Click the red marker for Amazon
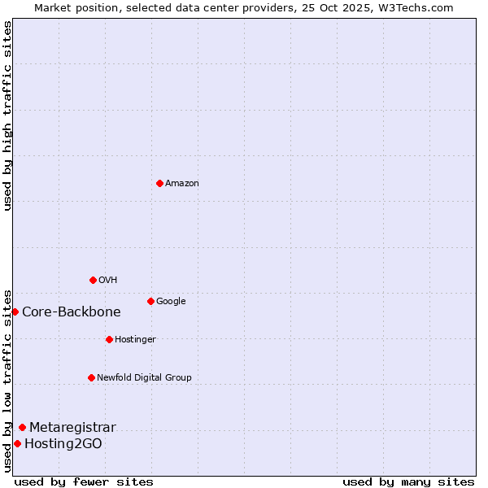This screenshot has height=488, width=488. click(x=159, y=183)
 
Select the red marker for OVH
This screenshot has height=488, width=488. click(x=93, y=280)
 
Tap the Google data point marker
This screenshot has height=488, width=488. click(x=150, y=301)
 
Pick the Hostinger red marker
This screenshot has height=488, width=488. click(x=109, y=339)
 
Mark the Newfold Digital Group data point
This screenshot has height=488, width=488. click(x=91, y=377)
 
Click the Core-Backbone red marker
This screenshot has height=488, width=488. click(x=15, y=312)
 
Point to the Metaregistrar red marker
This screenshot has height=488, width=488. click(x=22, y=427)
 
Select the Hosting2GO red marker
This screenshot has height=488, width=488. click(x=17, y=443)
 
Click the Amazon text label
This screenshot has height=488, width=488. click(x=182, y=184)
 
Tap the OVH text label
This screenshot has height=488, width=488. click(x=108, y=281)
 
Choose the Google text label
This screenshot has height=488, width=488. click(x=171, y=302)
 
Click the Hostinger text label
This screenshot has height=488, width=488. click(x=135, y=340)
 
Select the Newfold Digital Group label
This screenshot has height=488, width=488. click(x=144, y=378)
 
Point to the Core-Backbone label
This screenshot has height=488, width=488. click(x=72, y=312)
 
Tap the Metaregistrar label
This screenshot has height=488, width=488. click(x=72, y=428)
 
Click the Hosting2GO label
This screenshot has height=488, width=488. click(x=63, y=444)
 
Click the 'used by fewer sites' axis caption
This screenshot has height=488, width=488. click(x=84, y=481)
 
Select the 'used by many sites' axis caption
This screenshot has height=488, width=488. click(x=408, y=481)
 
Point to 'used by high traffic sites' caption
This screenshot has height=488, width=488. click(x=7, y=115)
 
